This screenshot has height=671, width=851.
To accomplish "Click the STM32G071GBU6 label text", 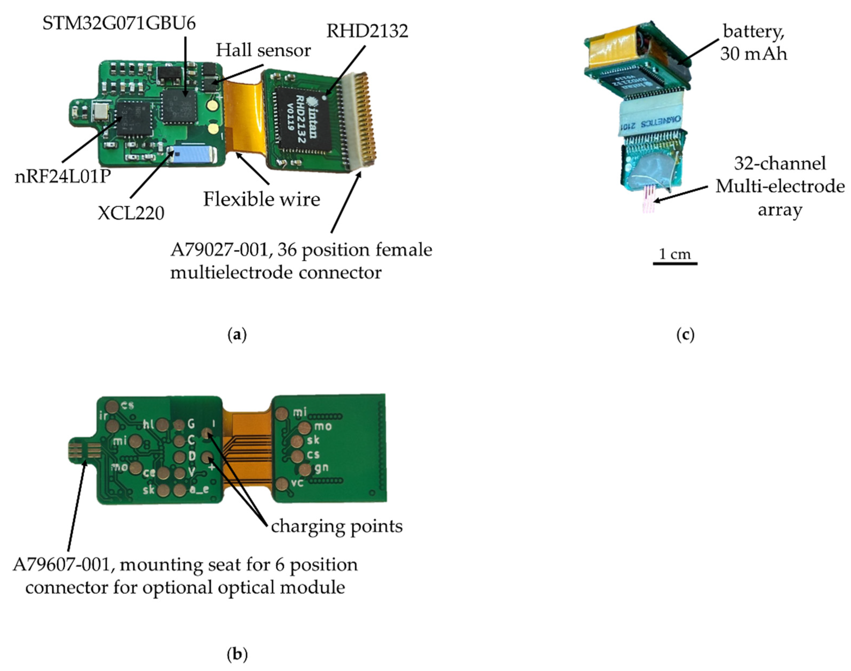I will pyautogui.click(x=119, y=24).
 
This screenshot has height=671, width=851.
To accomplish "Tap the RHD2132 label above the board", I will pyautogui.click(x=367, y=31).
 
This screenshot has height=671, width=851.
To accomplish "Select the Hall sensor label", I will pyautogui.click(x=263, y=50).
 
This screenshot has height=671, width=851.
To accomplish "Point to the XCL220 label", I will pyautogui.click(x=131, y=213).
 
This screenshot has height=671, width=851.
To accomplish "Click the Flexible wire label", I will pyautogui.click(x=261, y=199).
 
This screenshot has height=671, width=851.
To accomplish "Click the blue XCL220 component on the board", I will pyautogui.click(x=191, y=155).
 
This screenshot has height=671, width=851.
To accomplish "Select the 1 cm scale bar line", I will pyautogui.click(x=675, y=263).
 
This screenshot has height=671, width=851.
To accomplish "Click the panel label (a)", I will pyautogui.click(x=237, y=335).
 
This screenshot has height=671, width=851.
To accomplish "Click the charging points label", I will pyautogui.click(x=337, y=526).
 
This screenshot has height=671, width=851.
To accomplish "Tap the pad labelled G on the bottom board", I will pyautogui.click(x=179, y=425).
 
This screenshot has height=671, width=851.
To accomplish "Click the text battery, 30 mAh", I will pyautogui.click(x=753, y=42).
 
